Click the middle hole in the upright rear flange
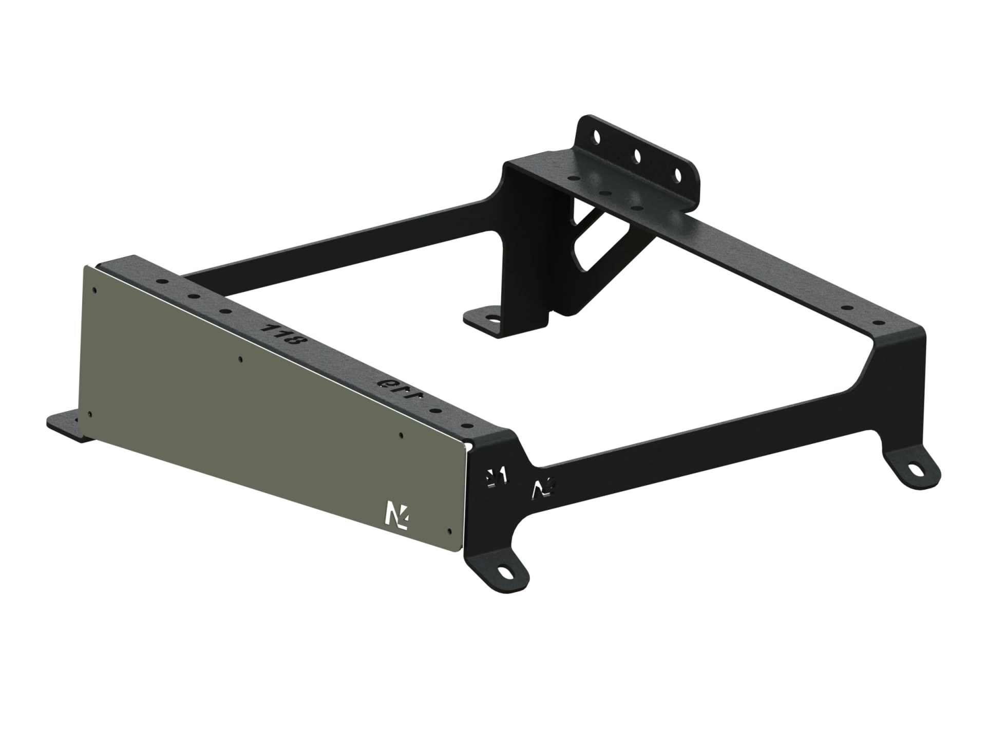tap(637, 155)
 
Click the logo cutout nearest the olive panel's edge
tap(496, 476)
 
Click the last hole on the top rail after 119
tap(466, 425)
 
